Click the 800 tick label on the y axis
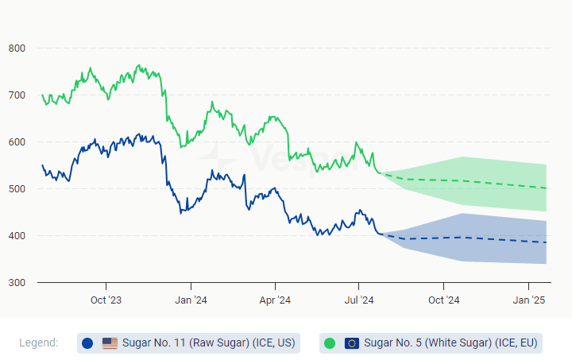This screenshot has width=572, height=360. [x=17, y=48]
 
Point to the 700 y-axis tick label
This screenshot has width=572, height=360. [x=17, y=95]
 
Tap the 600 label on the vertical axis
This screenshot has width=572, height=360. [x=17, y=142]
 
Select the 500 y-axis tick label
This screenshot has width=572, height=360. [x=17, y=189]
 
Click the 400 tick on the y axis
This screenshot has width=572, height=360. [x=17, y=236]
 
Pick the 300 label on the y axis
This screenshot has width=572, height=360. [x=17, y=283]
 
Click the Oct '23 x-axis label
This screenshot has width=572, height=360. [x=106, y=300]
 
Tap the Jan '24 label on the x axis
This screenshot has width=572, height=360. [x=191, y=300]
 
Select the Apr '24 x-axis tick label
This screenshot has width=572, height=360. [x=275, y=300]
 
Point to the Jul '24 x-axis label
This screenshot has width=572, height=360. [x=359, y=300]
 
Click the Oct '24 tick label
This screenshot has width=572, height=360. [x=444, y=300]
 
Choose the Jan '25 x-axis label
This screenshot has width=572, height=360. [x=529, y=300]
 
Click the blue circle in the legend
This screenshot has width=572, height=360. [x=87, y=343]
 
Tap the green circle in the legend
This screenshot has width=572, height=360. [x=330, y=343]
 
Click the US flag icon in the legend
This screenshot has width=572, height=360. [x=110, y=343]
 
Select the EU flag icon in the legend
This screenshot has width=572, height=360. [x=352, y=343]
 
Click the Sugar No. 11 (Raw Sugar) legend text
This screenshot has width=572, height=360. [x=208, y=343]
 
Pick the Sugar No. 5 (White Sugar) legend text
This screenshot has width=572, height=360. [x=451, y=343]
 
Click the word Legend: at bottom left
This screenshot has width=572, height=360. [x=38, y=343]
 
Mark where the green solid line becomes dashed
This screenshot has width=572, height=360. [x=381, y=172]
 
